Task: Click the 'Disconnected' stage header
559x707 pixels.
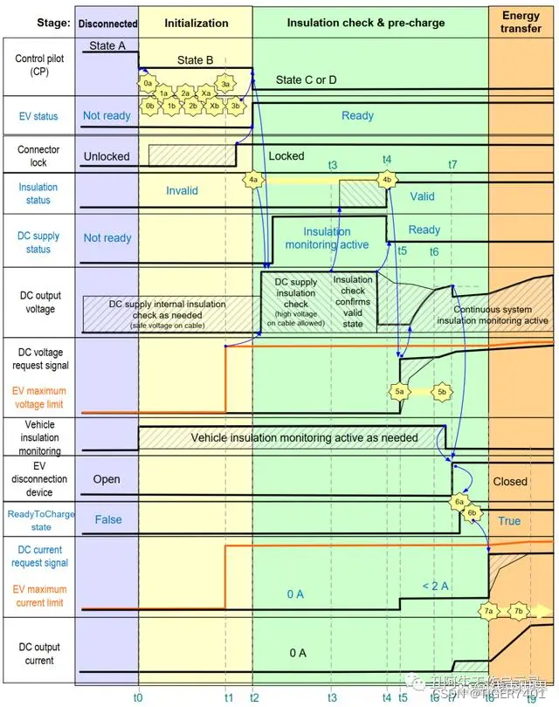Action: click(x=107, y=24)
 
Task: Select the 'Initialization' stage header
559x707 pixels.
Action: click(x=196, y=24)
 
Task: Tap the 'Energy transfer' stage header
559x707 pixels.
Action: click(x=521, y=24)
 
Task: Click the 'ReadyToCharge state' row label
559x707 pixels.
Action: click(x=40, y=520)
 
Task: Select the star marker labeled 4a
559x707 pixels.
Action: click(x=253, y=180)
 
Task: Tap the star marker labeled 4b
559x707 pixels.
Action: click(x=386, y=180)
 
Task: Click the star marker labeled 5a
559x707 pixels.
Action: click(x=400, y=392)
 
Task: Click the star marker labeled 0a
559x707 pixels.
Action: click(x=148, y=82)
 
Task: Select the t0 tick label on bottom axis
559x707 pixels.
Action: click(x=138, y=697)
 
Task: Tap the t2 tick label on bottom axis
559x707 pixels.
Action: click(x=253, y=697)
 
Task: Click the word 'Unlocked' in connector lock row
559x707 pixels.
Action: click(x=107, y=157)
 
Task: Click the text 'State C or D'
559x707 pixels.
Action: click(x=307, y=80)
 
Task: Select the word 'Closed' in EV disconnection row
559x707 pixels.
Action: click(x=510, y=481)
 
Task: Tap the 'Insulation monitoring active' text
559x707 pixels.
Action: click(x=327, y=238)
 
